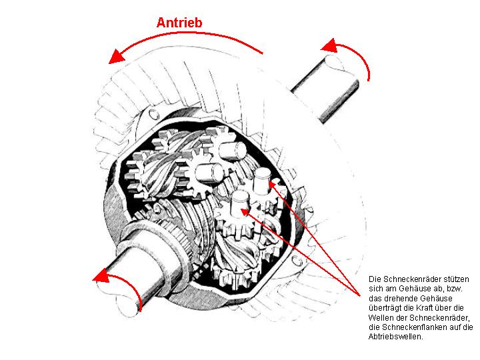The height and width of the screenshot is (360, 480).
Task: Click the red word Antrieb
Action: point(179,23)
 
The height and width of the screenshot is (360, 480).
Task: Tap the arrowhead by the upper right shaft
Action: point(330,46)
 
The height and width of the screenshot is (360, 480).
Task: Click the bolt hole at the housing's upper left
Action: point(153,114)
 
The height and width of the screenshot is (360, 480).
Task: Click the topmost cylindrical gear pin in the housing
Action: point(233,151)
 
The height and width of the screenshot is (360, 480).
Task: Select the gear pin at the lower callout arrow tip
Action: point(241,203)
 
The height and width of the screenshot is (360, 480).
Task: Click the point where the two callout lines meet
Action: point(361,296)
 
